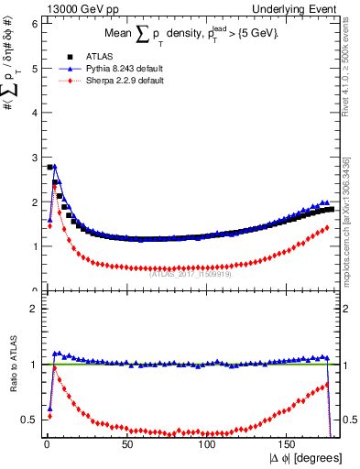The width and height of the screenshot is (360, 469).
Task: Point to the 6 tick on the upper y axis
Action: coord(33,24)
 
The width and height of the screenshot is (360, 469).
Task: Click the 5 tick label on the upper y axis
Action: coord(33,68)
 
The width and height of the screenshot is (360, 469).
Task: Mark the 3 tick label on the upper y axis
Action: coord(33,157)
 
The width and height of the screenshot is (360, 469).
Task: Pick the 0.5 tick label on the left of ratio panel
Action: coord(28,420)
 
